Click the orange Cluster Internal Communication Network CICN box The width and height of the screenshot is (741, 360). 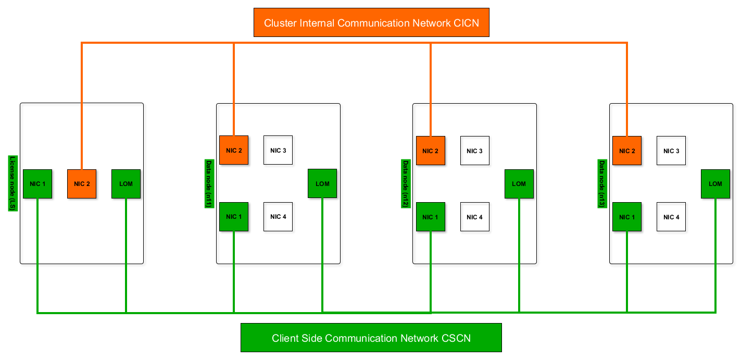click(x=371, y=22)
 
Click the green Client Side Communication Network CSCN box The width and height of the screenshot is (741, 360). click(x=371, y=338)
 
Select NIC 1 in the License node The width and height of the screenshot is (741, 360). click(x=37, y=184)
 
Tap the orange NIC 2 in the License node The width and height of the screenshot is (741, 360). click(x=82, y=184)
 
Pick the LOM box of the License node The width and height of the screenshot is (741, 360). click(x=126, y=184)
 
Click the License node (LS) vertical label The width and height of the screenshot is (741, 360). click(x=12, y=183)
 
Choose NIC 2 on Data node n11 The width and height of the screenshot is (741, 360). click(x=234, y=151)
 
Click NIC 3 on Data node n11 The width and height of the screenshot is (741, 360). click(x=278, y=151)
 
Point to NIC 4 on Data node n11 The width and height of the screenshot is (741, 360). click(x=278, y=217)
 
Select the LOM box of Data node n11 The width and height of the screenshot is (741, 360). click(x=322, y=184)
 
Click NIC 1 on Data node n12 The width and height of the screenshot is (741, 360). click(x=431, y=217)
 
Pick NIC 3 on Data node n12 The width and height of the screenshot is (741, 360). click(x=475, y=151)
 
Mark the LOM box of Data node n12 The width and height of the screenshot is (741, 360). click(x=519, y=184)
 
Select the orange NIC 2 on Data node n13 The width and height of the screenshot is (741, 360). click(x=627, y=151)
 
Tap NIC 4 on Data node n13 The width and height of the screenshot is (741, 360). click(x=671, y=217)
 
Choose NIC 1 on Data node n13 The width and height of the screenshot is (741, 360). click(x=627, y=217)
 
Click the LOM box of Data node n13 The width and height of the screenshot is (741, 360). click(x=715, y=184)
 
